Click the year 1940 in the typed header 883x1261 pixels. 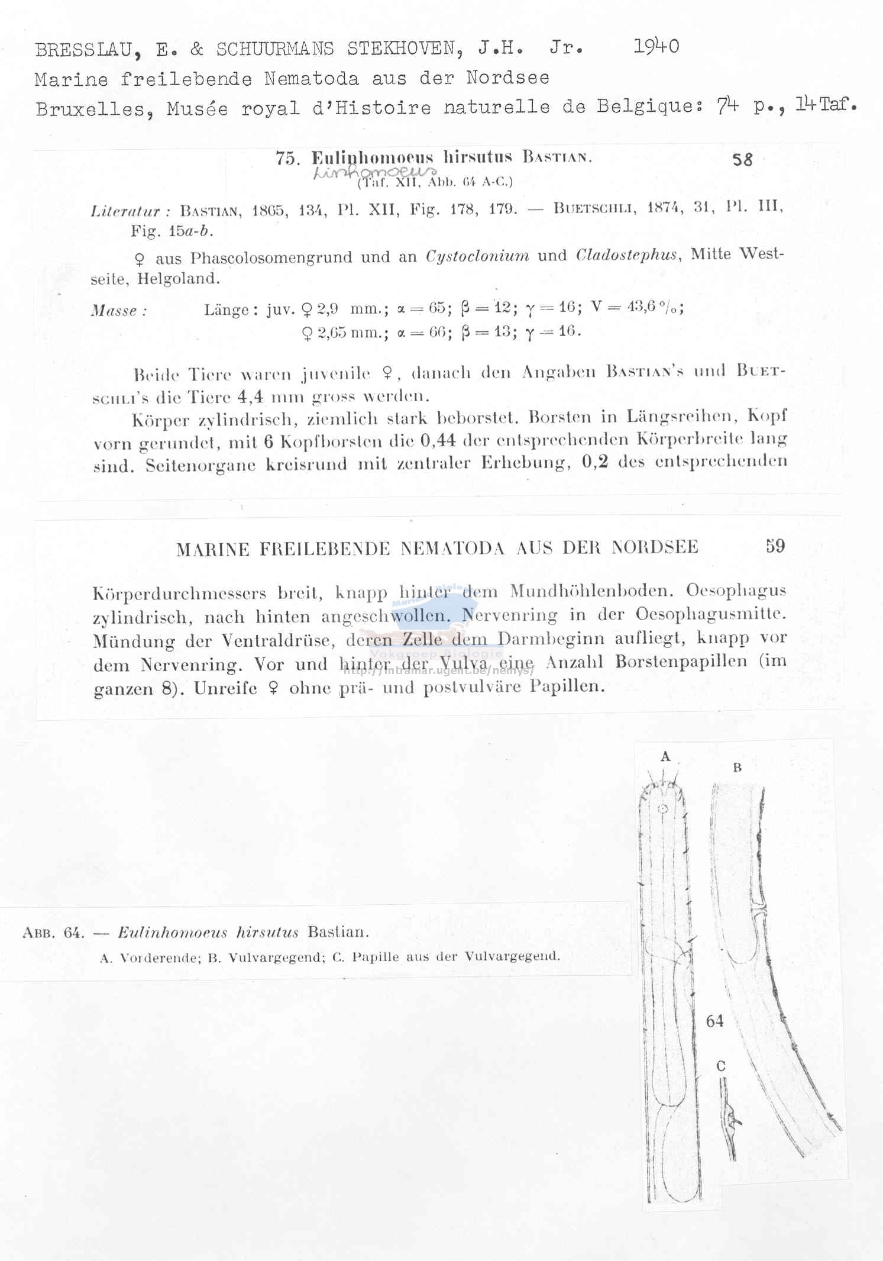pos(656,46)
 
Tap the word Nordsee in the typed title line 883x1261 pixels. pos(507,78)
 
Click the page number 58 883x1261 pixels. pos(742,160)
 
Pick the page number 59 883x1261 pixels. pos(775,546)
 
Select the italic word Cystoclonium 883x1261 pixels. pos(477,257)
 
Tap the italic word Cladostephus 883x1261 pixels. pos(627,255)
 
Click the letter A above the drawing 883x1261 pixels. pos(665,756)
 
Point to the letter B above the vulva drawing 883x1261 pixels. pos(737,767)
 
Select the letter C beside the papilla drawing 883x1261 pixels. pos(720,1066)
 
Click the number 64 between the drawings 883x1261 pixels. pos(714,1021)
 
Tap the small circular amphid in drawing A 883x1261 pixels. pos(664,809)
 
